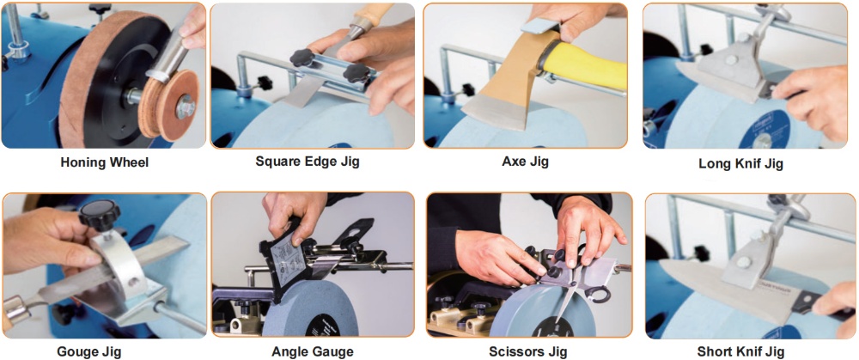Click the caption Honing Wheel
[x=104, y=162]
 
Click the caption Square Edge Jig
[x=308, y=162]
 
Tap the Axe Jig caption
[x=525, y=162]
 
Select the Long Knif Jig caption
[x=740, y=163]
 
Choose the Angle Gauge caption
[x=313, y=351]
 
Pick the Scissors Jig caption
[x=527, y=351]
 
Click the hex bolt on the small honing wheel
[x=185, y=107]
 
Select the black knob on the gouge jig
[x=99, y=214]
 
